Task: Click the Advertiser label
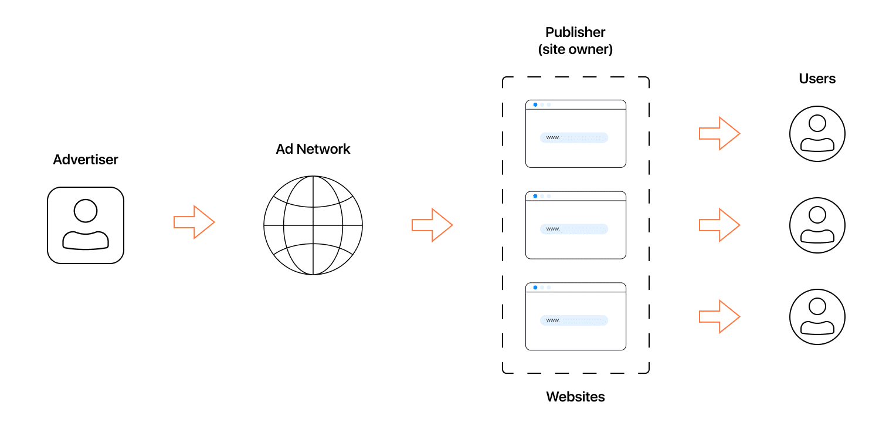coord(86,160)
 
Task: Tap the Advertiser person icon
coord(86,225)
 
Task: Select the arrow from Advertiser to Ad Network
coord(195,222)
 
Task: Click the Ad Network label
coord(313,149)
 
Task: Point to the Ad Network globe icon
coord(313,225)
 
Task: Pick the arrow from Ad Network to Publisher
coord(433,225)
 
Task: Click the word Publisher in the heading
coord(575,32)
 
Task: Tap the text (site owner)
coord(575,50)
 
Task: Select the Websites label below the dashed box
coord(575,397)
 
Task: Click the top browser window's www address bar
coord(574,137)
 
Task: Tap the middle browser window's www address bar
coord(574,229)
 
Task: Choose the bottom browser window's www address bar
coord(574,320)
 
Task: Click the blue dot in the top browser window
coord(535,104)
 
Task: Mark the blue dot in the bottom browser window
coord(535,288)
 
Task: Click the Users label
coord(817,79)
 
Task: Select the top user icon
coord(817,134)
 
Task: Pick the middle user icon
coord(817,225)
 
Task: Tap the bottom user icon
coord(817,317)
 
